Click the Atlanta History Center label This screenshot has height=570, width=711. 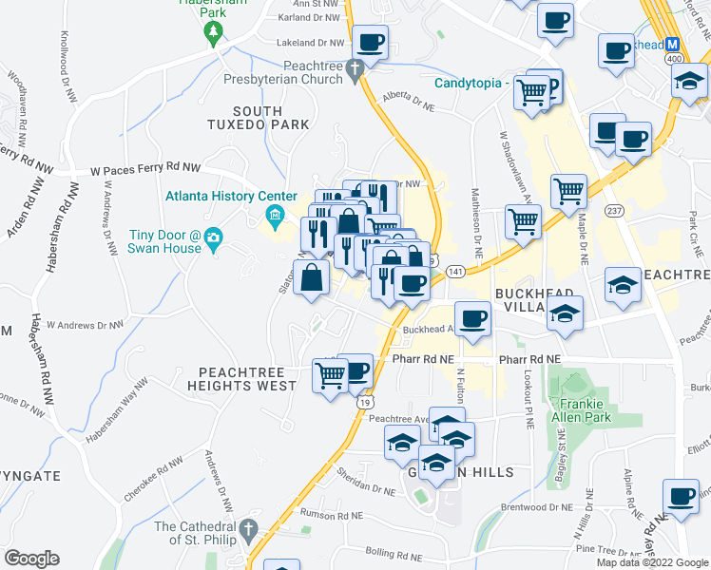click(224, 196)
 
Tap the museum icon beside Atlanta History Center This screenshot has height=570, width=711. click(276, 215)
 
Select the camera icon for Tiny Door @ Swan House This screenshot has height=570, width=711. click(214, 237)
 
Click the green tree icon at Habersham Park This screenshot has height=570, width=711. click(213, 32)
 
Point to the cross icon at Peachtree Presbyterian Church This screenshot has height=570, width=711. click(355, 68)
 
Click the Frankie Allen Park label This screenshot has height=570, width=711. click(578, 408)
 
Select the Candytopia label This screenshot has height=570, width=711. click(469, 83)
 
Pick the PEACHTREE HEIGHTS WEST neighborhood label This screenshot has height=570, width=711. click(242, 379)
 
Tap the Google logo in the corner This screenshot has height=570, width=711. click(31, 559)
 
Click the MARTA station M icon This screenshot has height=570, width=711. click(673, 44)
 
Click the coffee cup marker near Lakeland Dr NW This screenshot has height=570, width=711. click(371, 42)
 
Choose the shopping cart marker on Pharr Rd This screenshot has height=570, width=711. click(330, 375)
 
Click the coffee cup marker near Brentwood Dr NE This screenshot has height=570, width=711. click(680, 495)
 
